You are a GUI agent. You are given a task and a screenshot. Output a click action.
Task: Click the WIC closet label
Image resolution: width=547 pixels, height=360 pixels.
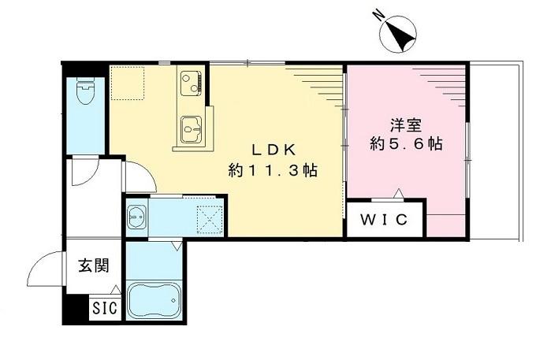coord(385,220)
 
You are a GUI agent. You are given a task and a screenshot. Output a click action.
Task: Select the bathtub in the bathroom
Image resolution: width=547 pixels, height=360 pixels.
coord(154,299)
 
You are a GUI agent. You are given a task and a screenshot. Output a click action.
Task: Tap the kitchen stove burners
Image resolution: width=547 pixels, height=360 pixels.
coord(192,80)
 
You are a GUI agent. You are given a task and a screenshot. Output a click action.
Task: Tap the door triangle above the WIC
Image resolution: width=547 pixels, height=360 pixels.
coord(399,192)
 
